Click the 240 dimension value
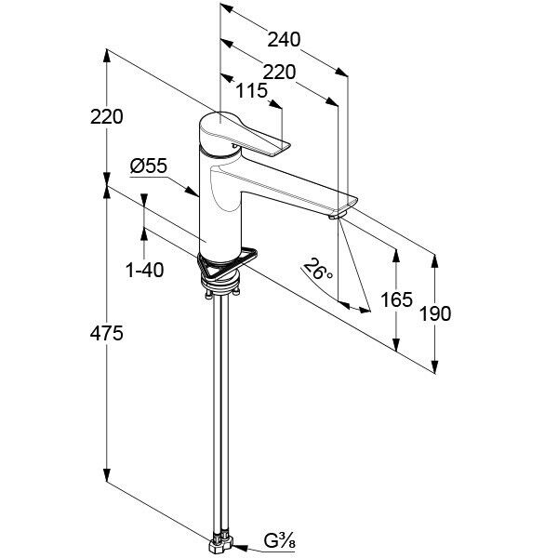pos(284,39)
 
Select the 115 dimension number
pos(251,91)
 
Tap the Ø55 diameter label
pos(149,166)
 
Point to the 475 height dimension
pos(106,334)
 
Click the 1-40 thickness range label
pos(144,270)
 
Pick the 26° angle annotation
pos(318,270)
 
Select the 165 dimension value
pos(396,299)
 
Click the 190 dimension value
pos(435,314)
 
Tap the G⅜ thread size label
pos(279,541)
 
